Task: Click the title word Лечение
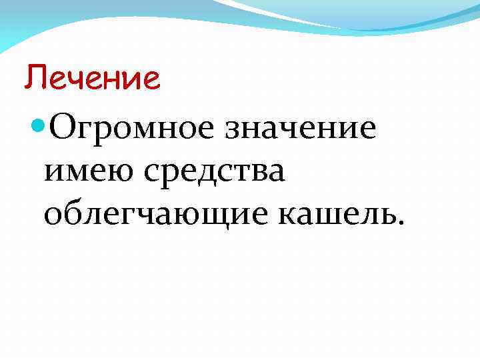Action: pos(93,79)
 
